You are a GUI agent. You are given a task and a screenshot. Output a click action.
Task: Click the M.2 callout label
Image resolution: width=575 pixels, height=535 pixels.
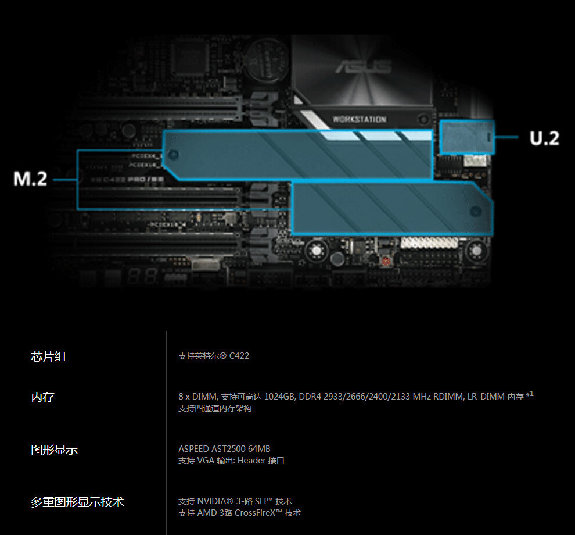(x=30, y=179)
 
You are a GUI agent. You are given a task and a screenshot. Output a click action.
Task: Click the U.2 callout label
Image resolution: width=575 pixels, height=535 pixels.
(x=544, y=138)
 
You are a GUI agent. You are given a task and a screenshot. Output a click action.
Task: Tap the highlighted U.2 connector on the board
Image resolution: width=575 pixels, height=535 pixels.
(x=467, y=137)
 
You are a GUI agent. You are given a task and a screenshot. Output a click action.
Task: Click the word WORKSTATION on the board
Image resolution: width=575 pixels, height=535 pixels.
(x=359, y=119)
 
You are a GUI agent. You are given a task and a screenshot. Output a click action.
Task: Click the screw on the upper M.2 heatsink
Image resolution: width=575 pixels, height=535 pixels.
(x=175, y=155)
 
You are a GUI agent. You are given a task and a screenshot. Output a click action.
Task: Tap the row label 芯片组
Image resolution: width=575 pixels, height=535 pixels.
(x=48, y=356)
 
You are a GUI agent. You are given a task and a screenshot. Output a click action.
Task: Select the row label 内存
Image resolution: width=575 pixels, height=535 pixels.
(x=42, y=397)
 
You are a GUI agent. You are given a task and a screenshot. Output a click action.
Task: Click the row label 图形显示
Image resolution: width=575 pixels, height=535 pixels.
(x=54, y=450)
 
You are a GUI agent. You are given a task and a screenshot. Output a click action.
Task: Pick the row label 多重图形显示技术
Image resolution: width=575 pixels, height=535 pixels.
(x=77, y=502)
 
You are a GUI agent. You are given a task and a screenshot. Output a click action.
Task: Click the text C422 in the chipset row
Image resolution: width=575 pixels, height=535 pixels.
(x=239, y=356)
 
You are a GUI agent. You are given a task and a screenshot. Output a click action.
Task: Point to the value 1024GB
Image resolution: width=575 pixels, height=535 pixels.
(x=279, y=397)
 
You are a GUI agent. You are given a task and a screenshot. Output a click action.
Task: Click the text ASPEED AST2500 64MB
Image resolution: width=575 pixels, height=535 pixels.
(x=224, y=449)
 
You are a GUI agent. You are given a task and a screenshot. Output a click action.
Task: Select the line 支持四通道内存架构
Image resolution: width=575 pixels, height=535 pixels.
(x=215, y=408)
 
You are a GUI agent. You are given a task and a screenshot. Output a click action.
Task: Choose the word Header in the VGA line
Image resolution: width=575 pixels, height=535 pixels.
(x=251, y=461)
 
